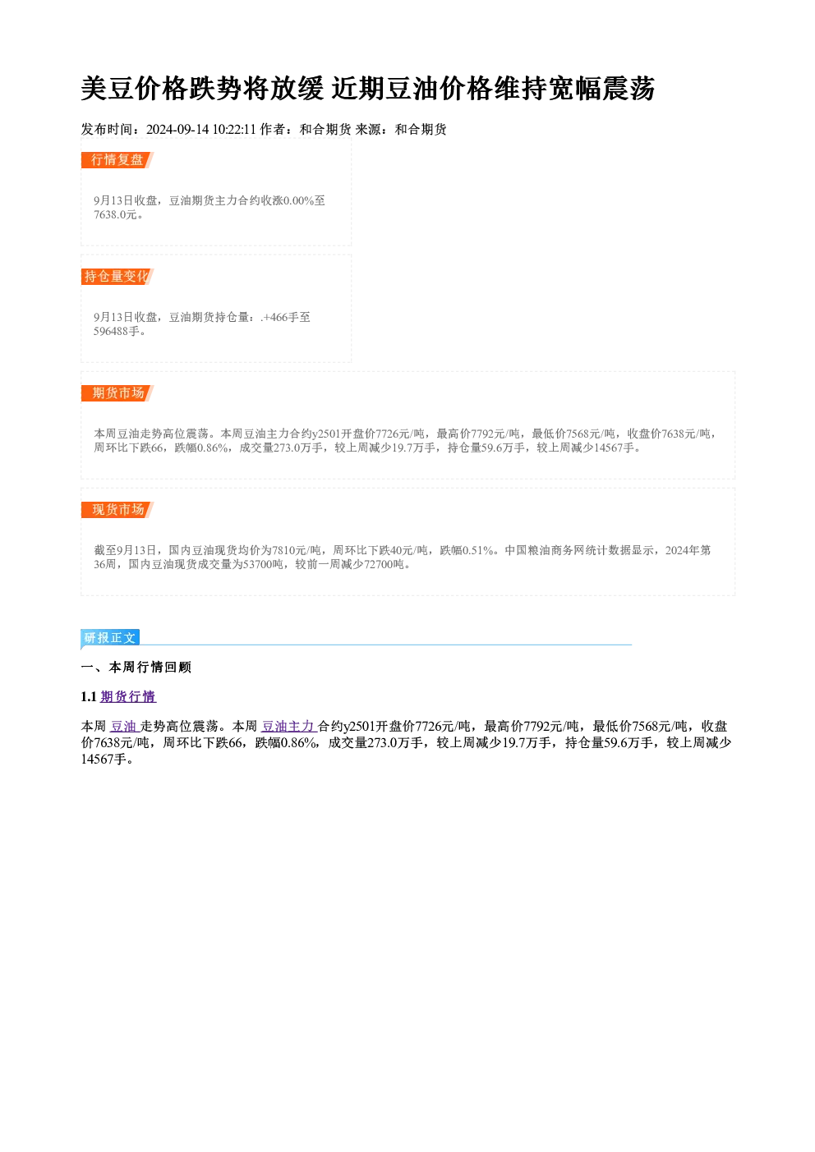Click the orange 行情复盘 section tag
117,160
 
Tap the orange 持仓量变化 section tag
117,277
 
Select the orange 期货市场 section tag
117,393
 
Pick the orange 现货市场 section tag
117,510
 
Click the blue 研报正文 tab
110,638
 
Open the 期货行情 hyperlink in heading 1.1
128,697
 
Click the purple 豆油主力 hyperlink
288,726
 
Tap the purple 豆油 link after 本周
125,726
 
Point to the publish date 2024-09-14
177,130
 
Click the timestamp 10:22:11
234,130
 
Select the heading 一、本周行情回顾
136,668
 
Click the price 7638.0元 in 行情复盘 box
115,215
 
